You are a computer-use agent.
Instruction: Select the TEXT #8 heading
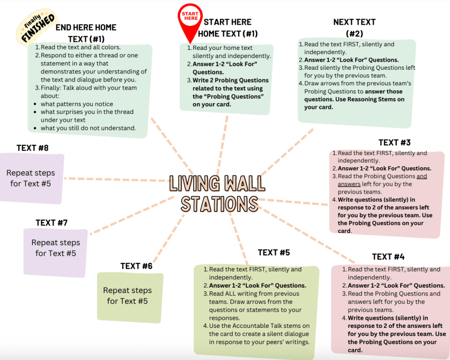tap(32, 148)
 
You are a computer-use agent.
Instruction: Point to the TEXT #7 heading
tap(51, 222)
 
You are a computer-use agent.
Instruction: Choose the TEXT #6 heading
tap(136, 266)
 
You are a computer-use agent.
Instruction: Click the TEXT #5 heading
tap(274, 252)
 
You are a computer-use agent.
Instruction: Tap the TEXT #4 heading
tap(388, 256)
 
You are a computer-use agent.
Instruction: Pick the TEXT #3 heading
tap(394, 142)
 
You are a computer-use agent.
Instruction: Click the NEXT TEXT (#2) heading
tap(355, 27)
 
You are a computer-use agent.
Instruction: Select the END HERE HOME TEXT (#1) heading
tap(86, 33)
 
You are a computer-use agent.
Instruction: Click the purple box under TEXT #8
tap(31, 179)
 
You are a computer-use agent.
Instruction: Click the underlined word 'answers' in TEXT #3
tap(349, 183)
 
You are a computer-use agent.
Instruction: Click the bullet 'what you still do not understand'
tap(88, 128)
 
